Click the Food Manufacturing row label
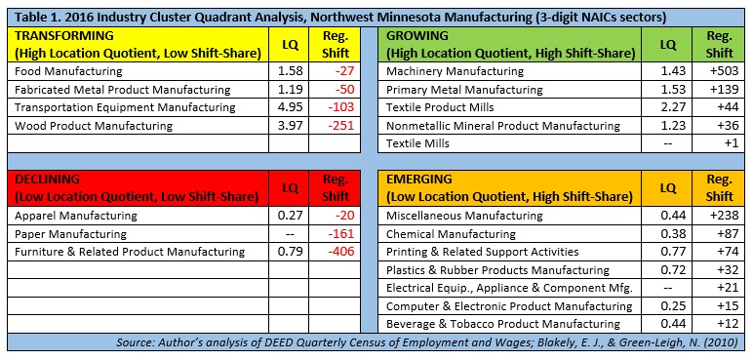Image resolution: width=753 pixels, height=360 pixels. [x=68, y=71]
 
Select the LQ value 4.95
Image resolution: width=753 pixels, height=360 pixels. [x=290, y=107]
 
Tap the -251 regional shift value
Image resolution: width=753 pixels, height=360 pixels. [x=340, y=126]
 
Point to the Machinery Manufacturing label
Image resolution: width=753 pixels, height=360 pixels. [x=455, y=71]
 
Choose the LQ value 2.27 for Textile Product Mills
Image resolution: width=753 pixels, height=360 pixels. [x=668, y=107]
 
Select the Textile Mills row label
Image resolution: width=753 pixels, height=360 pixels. [x=417, y=143]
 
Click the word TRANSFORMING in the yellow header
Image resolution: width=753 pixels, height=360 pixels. [x=64, y=35]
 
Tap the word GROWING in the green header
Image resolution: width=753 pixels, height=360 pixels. [x=417, y=35]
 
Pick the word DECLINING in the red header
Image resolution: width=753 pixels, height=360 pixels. [x=47, y=180]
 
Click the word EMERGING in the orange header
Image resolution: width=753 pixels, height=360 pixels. [x=419, y=180]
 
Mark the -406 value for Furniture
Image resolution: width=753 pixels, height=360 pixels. [x=340, y=252]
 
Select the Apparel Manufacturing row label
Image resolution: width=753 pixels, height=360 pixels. [x=76, y=216]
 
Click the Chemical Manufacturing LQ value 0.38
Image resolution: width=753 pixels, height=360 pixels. [x=668, y=234]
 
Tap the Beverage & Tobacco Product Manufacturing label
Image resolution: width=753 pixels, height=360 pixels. [x=502, y=324]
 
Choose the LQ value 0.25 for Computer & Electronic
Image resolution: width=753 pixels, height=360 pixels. [x=668, y=306]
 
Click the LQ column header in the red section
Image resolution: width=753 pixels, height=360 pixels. [x=290, y=188]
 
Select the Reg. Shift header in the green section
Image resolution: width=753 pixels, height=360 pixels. [x=720, y=44]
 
